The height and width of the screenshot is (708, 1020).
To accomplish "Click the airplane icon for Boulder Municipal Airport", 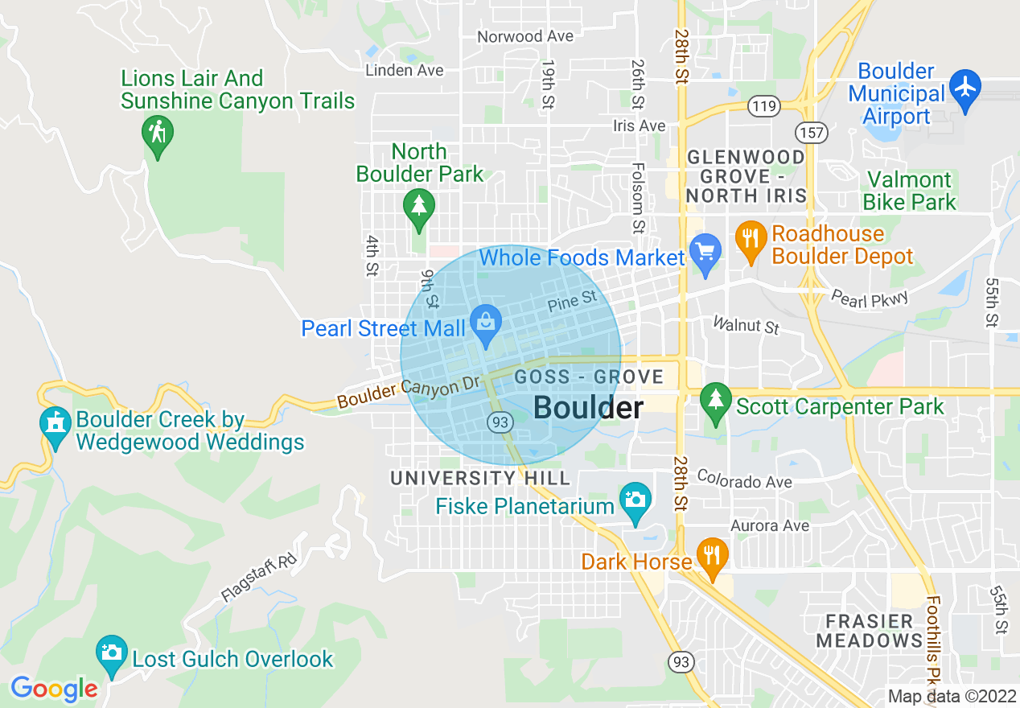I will [965, 85].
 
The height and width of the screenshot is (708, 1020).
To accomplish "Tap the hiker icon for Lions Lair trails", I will [157, 134].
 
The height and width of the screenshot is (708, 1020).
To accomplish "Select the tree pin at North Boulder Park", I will [418, 206].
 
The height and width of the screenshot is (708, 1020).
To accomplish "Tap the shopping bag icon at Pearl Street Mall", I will [486, 323].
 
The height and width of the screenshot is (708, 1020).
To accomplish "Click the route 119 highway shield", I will [761, 105].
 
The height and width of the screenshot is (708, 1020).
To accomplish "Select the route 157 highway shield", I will [812, 133].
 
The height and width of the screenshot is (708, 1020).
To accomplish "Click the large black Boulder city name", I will [588, 408].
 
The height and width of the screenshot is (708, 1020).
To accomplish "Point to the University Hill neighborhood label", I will [480, 478].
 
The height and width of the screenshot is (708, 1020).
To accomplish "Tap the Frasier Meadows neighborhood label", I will [870, 632].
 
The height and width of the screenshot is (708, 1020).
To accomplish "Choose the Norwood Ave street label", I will [525, 36].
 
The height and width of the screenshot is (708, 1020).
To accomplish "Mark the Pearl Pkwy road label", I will [870, 298].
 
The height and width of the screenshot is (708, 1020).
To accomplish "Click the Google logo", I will [54, 689].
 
